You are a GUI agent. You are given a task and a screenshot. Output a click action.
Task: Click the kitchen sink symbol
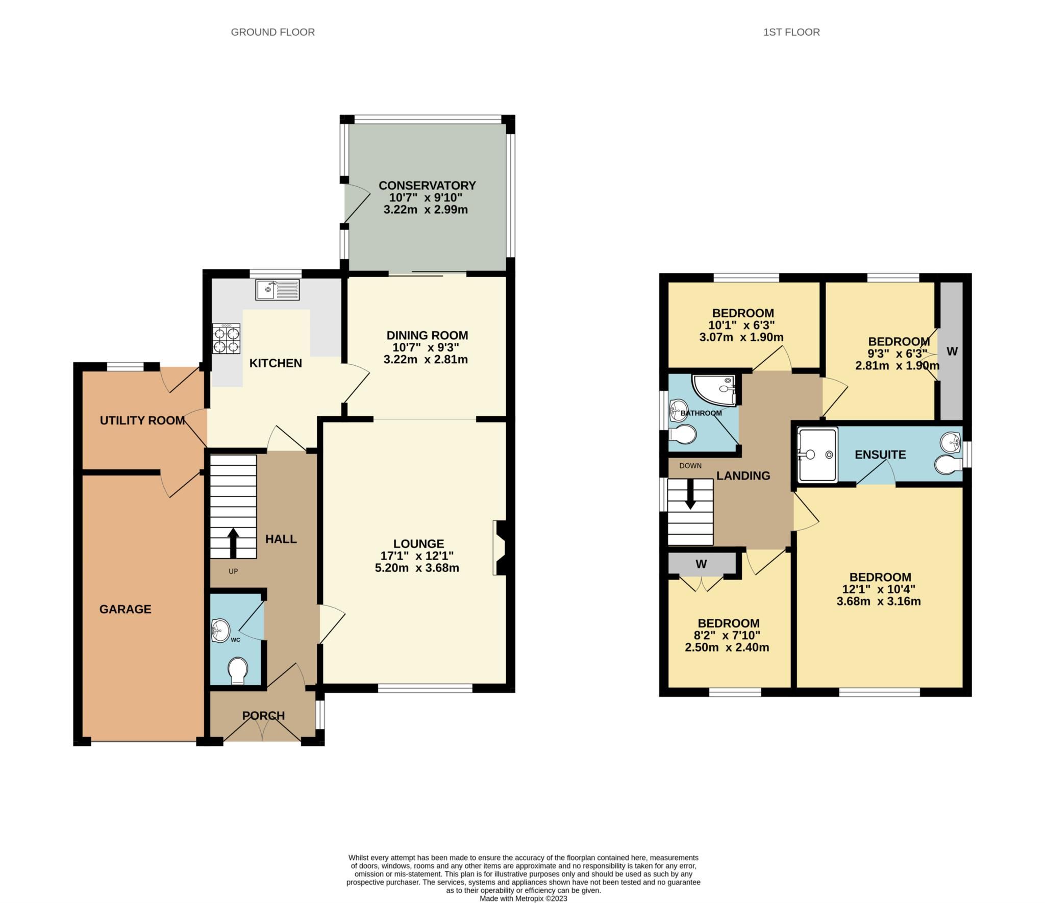tap(277, 289)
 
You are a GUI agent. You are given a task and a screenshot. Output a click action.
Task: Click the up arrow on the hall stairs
tap(233, 543)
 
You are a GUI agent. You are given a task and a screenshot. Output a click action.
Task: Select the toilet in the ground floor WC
tap(238, 669)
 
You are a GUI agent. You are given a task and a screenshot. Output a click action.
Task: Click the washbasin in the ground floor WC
tap(220, 630)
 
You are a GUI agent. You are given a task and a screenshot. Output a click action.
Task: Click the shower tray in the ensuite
tap(818, 454)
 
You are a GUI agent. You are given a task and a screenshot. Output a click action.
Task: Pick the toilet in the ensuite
tap(947, 464)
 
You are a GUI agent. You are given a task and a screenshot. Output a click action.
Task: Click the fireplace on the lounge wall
tap(499, 548)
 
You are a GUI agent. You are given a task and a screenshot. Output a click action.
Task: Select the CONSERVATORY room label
tap(427, 185)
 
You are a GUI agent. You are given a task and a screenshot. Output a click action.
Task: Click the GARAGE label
tap(125, 609)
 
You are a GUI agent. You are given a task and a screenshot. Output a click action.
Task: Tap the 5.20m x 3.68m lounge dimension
tap(417, 568)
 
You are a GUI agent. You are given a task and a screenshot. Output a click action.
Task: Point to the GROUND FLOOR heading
tap(272, 32)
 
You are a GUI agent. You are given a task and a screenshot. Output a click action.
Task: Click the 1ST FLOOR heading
tap(791, 32)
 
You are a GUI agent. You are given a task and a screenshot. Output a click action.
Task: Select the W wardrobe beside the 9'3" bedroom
tap(952, 351)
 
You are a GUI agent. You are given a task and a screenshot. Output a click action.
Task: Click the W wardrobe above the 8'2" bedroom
tap(701, 564)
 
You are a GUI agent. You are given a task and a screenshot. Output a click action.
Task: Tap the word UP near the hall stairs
tap(233, 571)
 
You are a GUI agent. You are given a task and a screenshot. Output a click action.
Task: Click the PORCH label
tap(263, 716)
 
